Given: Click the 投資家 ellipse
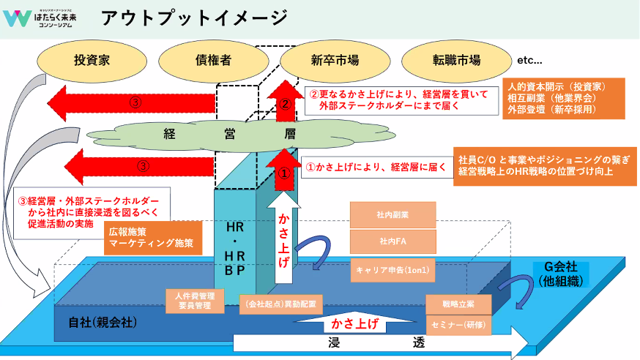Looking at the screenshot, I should (x=92, y=60).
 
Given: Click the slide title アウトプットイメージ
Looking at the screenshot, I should (x=194, y=18).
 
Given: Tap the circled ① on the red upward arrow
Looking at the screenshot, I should (x=286, y=173).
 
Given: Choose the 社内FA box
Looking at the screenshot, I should (x=393, y=241).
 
